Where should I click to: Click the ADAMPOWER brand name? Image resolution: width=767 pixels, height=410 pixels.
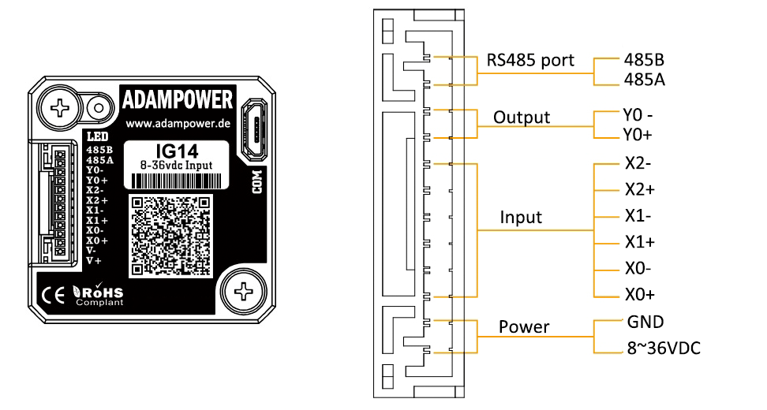[x=178, y=100]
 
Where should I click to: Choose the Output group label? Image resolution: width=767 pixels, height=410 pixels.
[x=521, y=117]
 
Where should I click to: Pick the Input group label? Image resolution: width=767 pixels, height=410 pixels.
[x=522, y=217]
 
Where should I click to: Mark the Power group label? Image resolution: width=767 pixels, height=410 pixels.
[x=523, y=326]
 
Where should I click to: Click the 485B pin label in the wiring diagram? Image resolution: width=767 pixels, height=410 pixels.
[x=644, y=60]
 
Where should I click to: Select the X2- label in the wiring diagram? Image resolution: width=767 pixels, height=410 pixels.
[x=637, y=165]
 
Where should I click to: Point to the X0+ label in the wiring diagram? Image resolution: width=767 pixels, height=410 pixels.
[x=638, y=295]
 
